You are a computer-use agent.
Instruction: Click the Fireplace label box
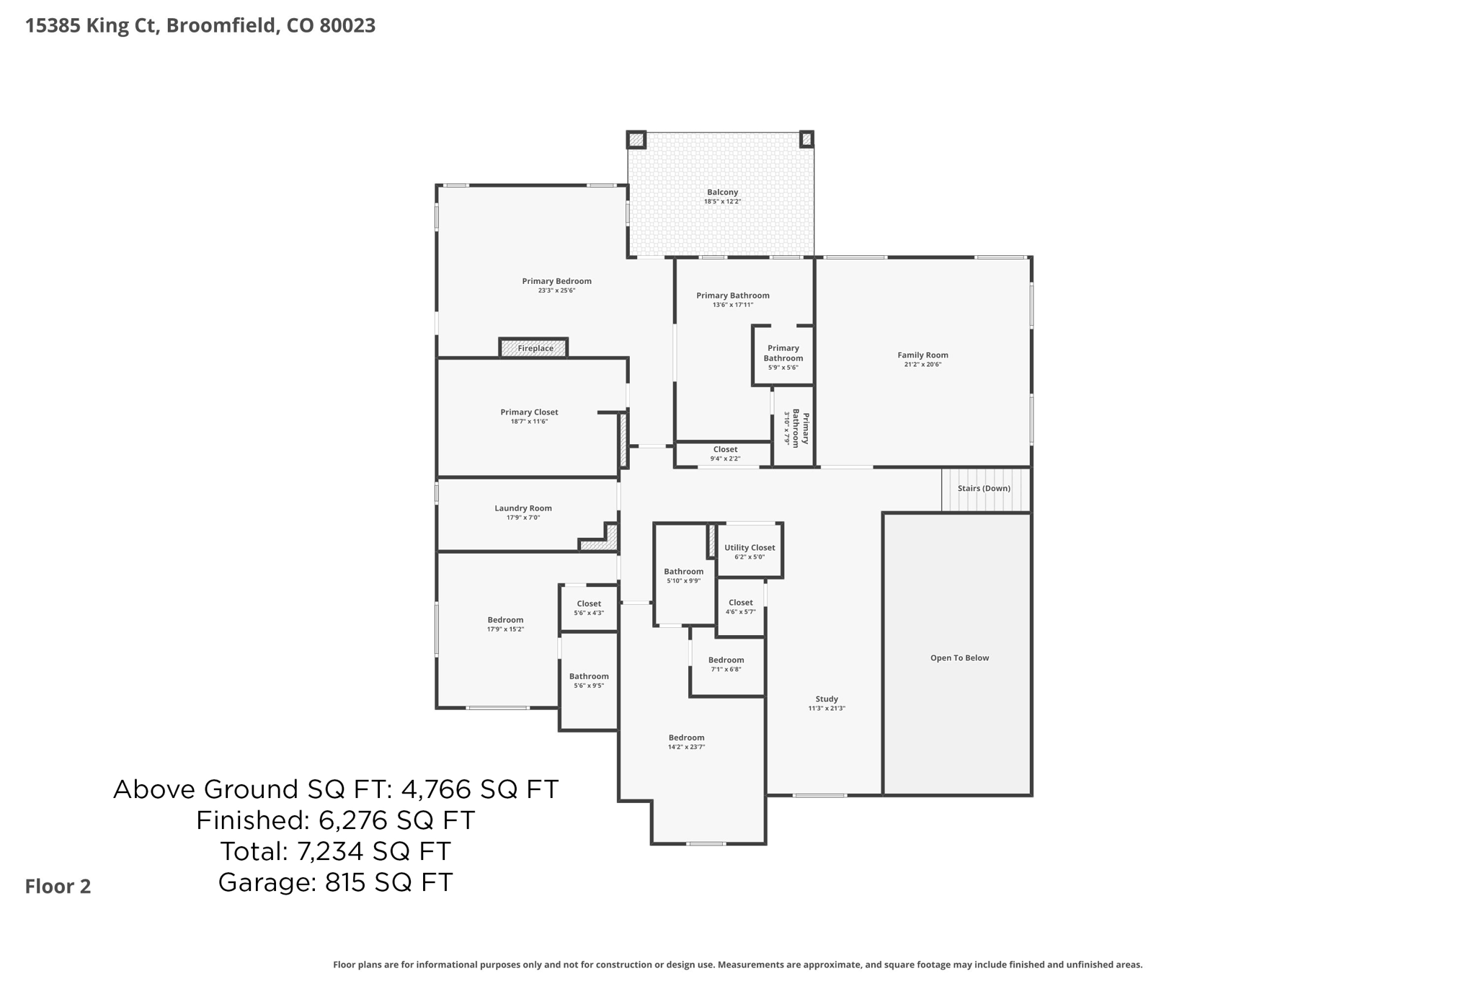pyautogui.click(x=534, y=348)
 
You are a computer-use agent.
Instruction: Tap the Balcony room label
pyautogui.click(x=722, y=192)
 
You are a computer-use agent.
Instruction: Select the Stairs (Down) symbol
pyautogui.click(x=984, y=489)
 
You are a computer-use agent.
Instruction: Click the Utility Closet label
pyautogui.click(x=750, y=548)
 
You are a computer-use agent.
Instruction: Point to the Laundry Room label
pyautogui.click(x=523, y=508)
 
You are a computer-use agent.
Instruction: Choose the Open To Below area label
pyautogui.click(x=959, y=657)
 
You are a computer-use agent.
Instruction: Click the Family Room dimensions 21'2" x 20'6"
pyautogui.click(x=922, y=365)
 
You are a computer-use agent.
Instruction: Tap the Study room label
pyautogui.click(x=827, y=699)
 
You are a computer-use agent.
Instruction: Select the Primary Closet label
pyautogui.click(x=529, y=412)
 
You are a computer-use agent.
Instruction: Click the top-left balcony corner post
pyautogui.click(x=636, y=140)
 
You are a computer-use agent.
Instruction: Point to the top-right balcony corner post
pyautogui.click(x=806, y=139)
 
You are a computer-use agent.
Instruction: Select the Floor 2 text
pyautogui.click(x=58, y=887)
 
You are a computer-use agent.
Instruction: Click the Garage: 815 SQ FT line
pyautogui.click(x=335, y=882)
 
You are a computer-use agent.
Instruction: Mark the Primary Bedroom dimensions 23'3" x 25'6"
pyautogui.click(x=556, y=291)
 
